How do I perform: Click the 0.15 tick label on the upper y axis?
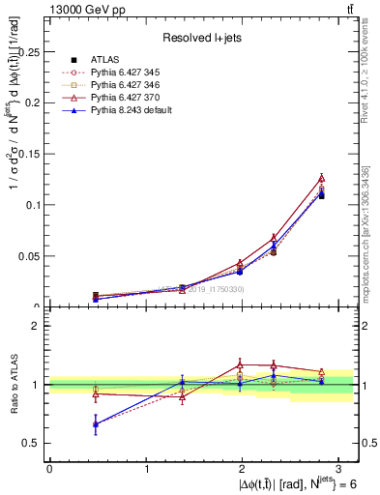pos(31,154)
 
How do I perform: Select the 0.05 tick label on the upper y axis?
pos(31,256)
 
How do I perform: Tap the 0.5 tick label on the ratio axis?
pos(33,443)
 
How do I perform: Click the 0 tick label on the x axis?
pos(49,469)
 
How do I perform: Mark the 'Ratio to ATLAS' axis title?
pos(14,384)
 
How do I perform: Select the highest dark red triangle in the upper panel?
pos(321,178)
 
